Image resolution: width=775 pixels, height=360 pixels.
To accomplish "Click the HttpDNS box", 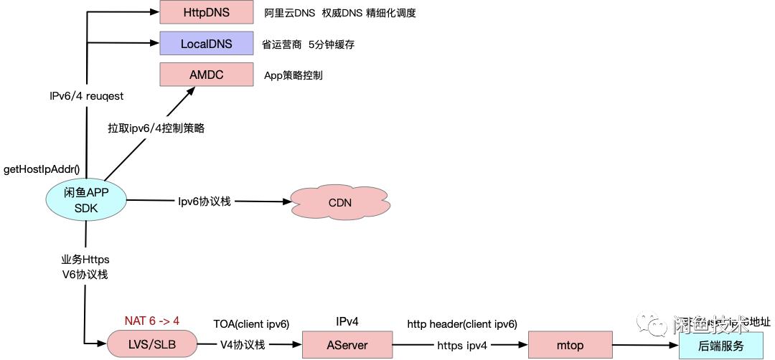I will [x=206, y=12].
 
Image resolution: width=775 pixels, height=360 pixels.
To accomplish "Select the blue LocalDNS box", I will [x=206, y=44].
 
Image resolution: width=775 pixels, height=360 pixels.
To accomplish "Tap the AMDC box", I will [x=206, y=75].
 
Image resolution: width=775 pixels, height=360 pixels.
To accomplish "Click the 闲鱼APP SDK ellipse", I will [x=85, y=200].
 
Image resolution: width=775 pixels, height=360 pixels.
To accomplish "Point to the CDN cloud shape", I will [x=339, y=202].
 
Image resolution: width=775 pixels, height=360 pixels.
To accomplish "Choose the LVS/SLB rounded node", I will [x=152, y=345].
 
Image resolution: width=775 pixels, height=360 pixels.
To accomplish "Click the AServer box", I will [x=347, y=345].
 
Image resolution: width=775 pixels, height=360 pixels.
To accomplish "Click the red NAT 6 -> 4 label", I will [x=152, y=321].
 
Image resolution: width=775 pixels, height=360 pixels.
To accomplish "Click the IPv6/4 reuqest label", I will [x=85, y=95].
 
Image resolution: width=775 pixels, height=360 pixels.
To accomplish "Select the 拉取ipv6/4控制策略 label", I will [x=156, y=128].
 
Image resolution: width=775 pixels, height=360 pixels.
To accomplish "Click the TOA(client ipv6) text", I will [x=251, y=324].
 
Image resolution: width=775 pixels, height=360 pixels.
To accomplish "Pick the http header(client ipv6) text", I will [x=461, y=324].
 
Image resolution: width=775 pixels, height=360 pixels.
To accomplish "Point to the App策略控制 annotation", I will [x=293, y=75].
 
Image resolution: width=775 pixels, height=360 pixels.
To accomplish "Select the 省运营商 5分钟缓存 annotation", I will [x=308, y=44].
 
